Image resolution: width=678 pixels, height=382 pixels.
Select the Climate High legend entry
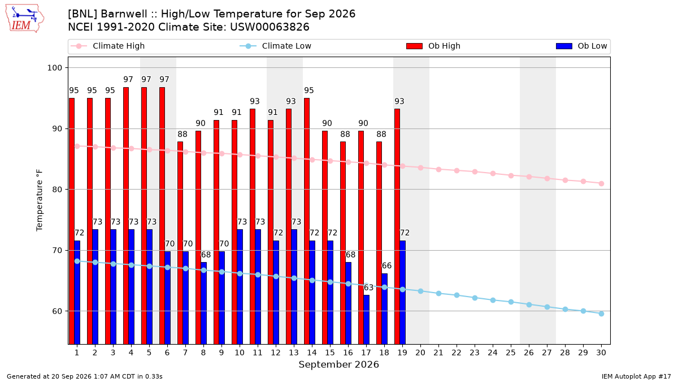tap(107, 46)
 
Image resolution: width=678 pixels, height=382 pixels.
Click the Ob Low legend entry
tap(581, 46)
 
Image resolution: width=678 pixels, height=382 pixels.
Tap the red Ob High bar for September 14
tap(307, 221)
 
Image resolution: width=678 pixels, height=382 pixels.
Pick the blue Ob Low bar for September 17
tap(366, 320)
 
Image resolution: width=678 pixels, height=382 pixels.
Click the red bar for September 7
tap(180, 243)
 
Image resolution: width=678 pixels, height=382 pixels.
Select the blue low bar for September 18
tap(384, 309)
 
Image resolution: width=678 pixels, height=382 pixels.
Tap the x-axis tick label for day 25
tap(511, 353)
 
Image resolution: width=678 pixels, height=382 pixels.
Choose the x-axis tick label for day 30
tap(601, 353)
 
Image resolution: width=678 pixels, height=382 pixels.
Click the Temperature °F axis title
tap(40, 200)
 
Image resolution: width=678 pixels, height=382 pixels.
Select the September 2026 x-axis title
tap(338, 364)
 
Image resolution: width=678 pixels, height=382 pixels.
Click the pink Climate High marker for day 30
tap(601, 184)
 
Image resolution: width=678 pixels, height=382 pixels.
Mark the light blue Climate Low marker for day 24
tap(493, 300)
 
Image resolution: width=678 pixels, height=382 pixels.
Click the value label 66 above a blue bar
tap(386, 266)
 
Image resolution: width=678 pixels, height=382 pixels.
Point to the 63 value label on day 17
tap(368, 287)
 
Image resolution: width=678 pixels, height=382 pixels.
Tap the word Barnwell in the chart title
tap(124, 14)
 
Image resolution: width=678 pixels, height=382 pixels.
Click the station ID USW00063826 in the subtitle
tap(270, 27)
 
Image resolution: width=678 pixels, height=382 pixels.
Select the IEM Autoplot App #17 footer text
tap(636, 376)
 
